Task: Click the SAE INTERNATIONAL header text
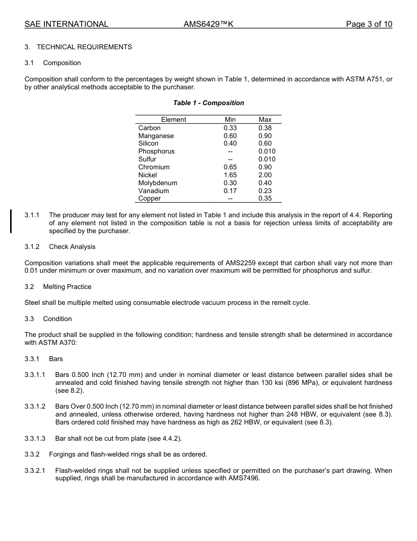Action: pyautogui.click(x=66, y=24)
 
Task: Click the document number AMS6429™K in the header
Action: pyautogui.click(x=208, y=24)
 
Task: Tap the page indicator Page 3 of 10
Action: pyautogui.click(x=369, y=24)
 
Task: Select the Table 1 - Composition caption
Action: pyautogui.click(x=208, y=103)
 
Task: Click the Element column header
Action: pyautogui.click(x=173, y=120)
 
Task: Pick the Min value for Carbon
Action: pyautogui.click(x=230, y=128)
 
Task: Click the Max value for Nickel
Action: pyautogui.click(x=265, y=175)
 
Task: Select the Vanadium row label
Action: pyautogui.click(x=153, y=191)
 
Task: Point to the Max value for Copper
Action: pyautogui.click(x=265, y=198)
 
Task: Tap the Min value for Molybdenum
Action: pyautogui.click(x=230, y=183)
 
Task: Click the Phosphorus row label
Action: pyautogui.click(x=156, y=151)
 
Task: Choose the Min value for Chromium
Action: pyautogui.click(x=230, y=167)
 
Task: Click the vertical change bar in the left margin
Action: pyautogui.click(x=11, y=221)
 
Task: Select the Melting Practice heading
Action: pyautogui.click(x=67, y=287)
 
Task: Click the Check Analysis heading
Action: pyautogui.click(x=72, y=247)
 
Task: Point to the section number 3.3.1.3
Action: pyautogui.click(x=35, y=439)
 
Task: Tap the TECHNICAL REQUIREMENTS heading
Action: pyautogui.click(x=84, y=47)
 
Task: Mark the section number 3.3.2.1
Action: pyautogui.click(x=35, y=471)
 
